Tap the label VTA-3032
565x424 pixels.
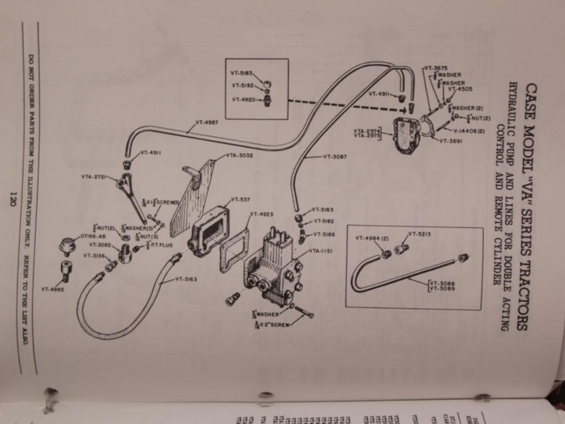238,156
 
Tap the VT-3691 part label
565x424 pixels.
452,141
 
